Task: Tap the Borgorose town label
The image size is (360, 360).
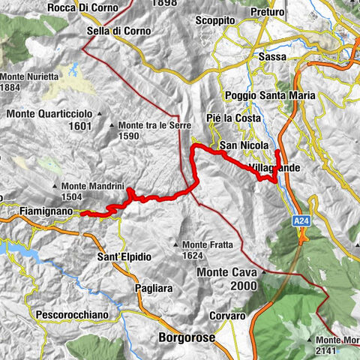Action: pyautogui.click(x=187, y=337)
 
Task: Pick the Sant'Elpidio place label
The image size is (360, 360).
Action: pyautogui.click(x=124, y=256)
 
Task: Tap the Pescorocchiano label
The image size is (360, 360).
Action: pyautogui.click(x=72, y=316)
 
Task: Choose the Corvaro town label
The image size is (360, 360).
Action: pyautogui.click(x=227, y=316)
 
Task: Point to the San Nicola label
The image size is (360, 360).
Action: pyautogui.click(x=238, y=145)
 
